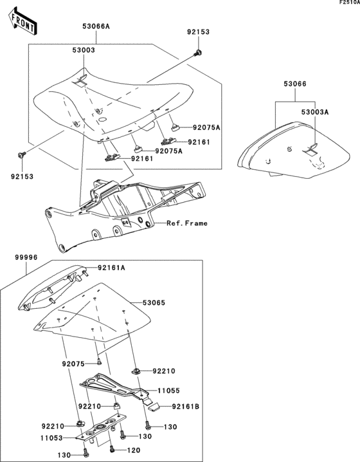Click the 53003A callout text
[x=316, y=112]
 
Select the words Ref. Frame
[x=188, y=223]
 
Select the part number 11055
[x=168, y=390]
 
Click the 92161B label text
[x=186, y=407]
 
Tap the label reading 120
[x=134, y=450]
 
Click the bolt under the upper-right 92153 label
[x=198, y=52]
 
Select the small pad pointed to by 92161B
[x=154, y=405]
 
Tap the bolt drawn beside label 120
[x=113, y=448]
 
